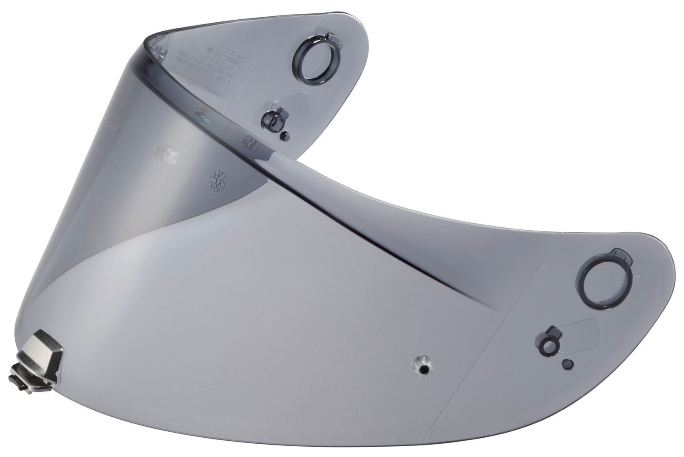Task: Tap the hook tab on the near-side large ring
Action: coord(622,257)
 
